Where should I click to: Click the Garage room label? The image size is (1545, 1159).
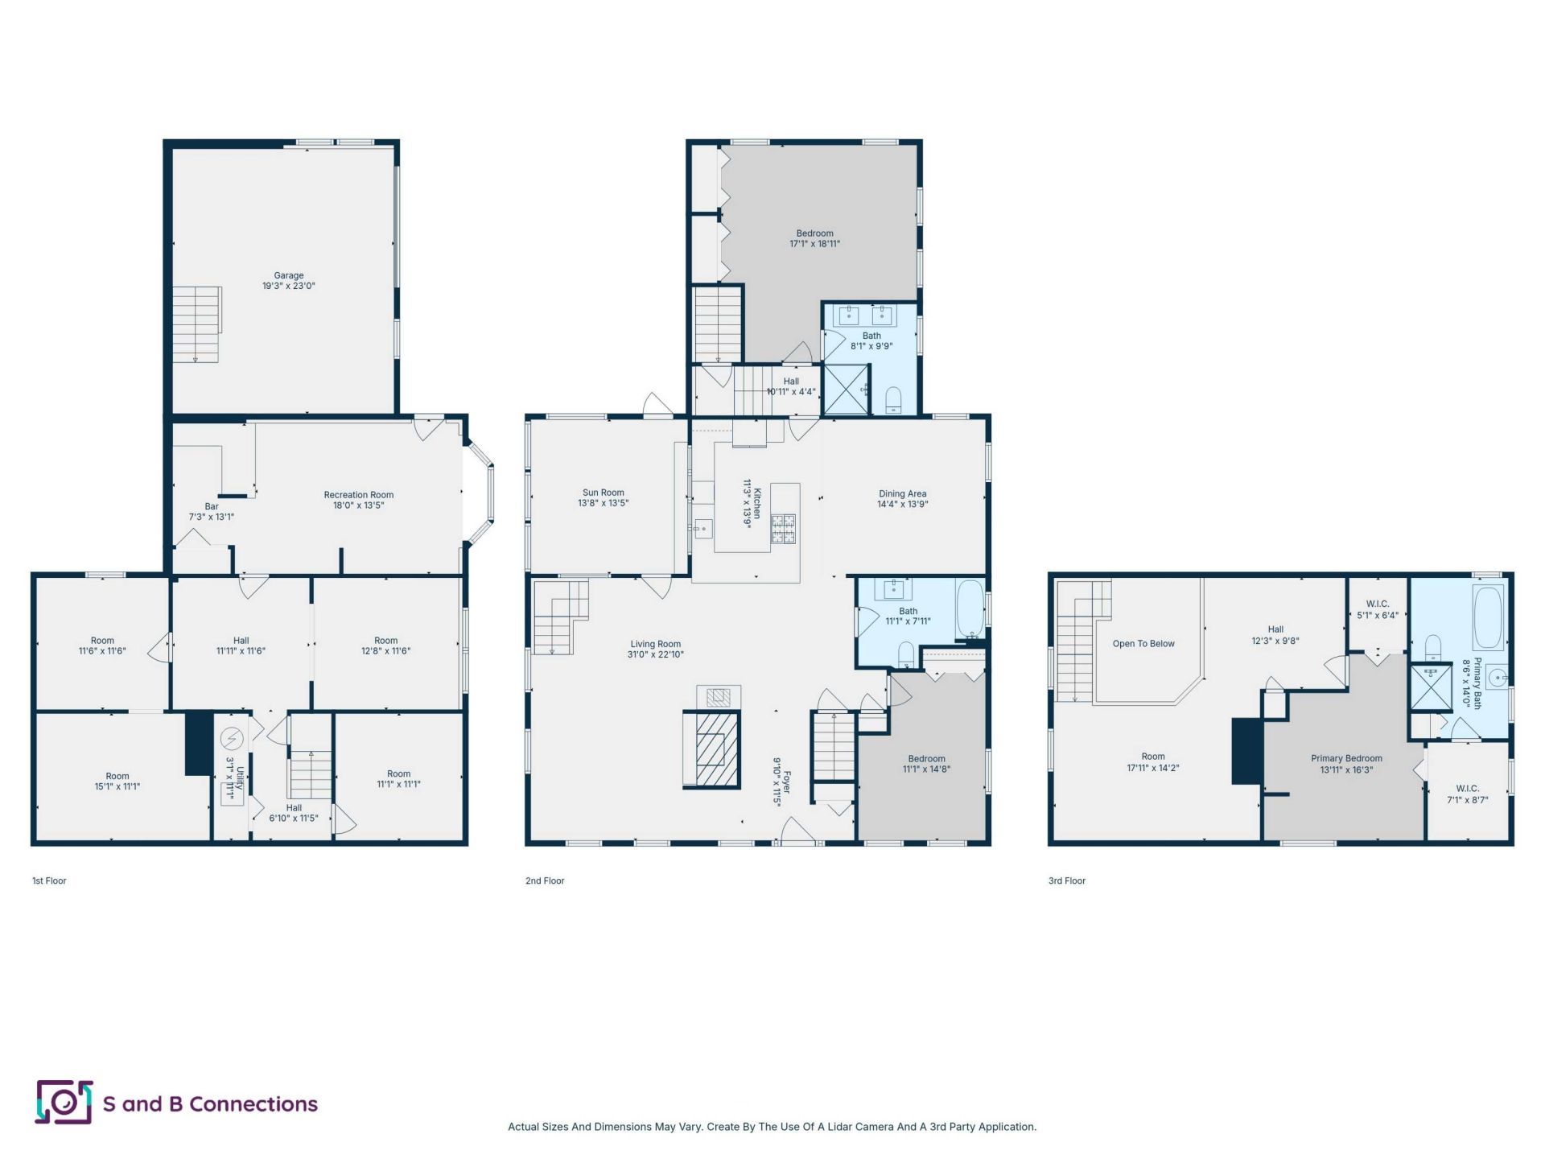pos(289,275)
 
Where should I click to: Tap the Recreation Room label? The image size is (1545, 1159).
pos(359,495)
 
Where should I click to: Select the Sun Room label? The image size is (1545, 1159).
pos(604,493)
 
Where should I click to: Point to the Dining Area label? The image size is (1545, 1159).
pos(903,494)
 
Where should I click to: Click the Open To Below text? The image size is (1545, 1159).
pos(1143,644)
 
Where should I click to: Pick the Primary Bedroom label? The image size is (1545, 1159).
pos(1346,758)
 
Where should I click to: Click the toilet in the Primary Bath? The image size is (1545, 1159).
pos(1433,648)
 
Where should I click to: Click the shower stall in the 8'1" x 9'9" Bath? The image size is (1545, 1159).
pos(847,390)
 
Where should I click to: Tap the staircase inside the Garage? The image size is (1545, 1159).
pos(197,324)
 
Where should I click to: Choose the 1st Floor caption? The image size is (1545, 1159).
pos(49,881)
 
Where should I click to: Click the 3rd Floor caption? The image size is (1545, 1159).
pos(1067,881)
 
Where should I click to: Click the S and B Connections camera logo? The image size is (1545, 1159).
pos(64,1102)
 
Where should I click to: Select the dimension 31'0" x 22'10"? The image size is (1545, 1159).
pos(656,654)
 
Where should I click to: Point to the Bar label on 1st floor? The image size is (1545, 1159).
pos(212,506)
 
